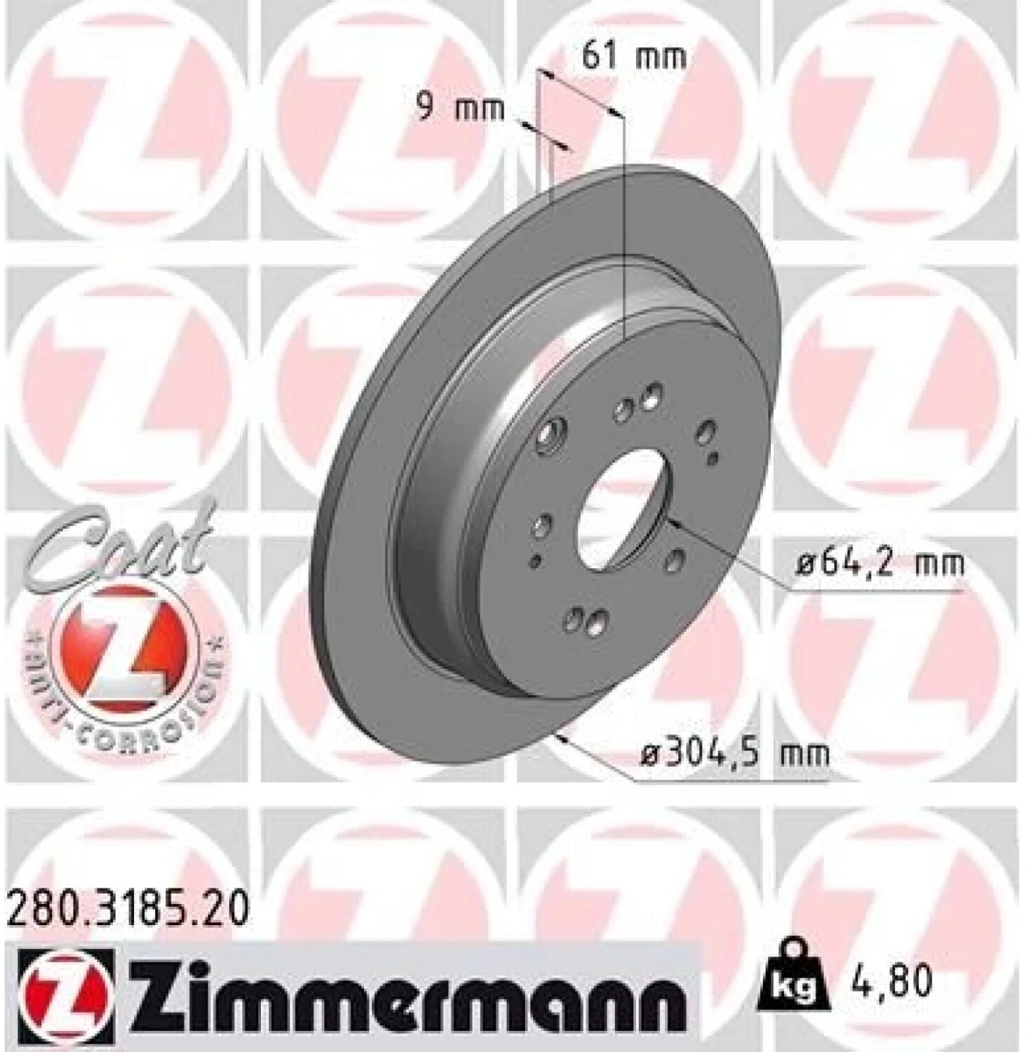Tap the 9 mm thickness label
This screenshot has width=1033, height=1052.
[461, 109]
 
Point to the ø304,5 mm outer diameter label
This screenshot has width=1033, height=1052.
[735, 755]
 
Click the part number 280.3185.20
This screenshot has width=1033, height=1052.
[128, 911]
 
